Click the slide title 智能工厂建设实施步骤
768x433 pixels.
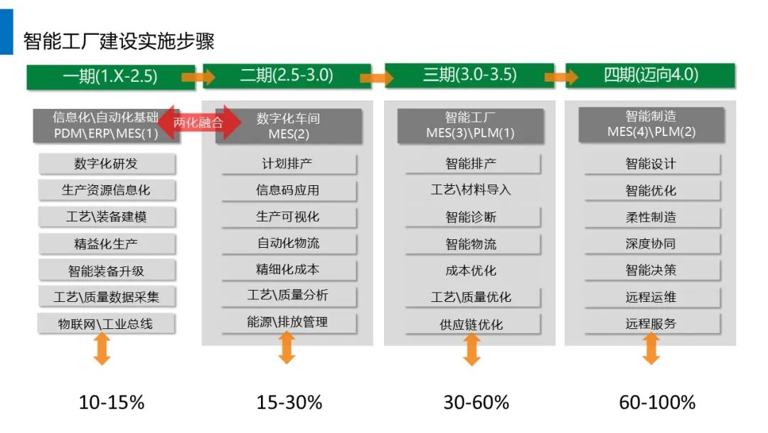point(119,41)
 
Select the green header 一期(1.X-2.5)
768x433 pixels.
point(111,76)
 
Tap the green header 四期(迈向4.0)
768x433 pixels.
point(651,75)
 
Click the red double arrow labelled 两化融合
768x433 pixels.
point(199,122)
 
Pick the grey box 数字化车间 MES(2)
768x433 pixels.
point(289,126)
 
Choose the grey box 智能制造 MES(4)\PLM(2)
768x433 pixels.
point(651,125)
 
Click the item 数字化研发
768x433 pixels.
point(106,164)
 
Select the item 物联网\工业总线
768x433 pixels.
point(106,323)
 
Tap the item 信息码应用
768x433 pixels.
point(289,190)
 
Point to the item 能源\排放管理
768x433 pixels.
point(289,323)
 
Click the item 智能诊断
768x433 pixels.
point(472,217)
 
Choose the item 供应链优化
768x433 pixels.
point(472,324)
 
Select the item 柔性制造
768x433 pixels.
point(652,217)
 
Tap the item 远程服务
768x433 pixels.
point(652,323)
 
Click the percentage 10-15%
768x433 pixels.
point(112,402)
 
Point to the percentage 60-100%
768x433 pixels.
point(657,402)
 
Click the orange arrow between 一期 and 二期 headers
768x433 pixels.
point(198,77)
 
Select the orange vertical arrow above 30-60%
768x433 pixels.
point(471,349)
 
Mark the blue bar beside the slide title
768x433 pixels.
point(6,32)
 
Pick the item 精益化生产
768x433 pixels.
point(106,244)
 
